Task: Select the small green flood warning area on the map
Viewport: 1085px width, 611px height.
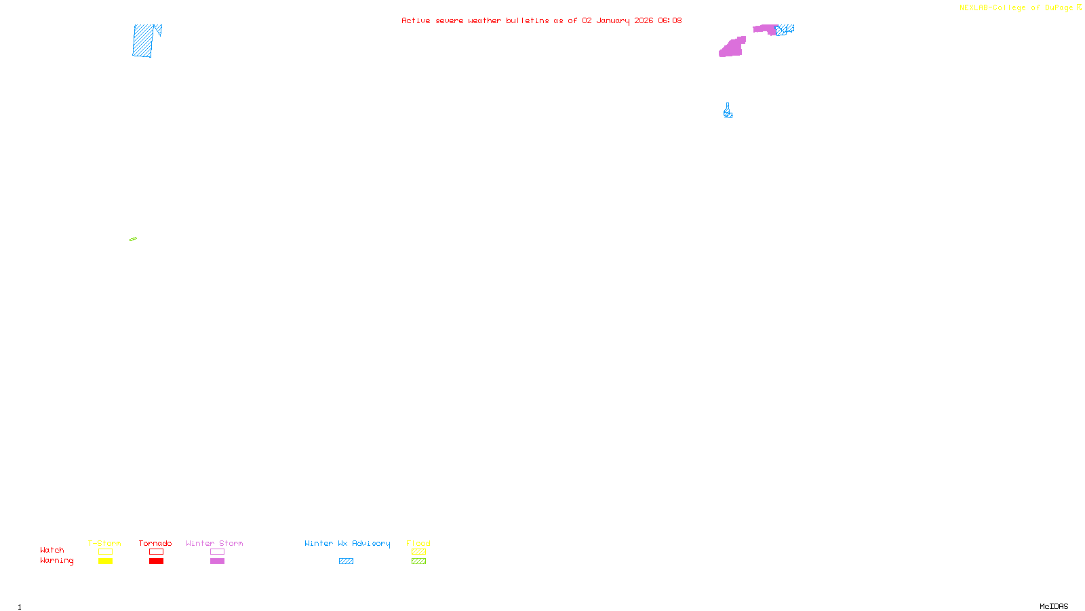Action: click(x=133, y=239)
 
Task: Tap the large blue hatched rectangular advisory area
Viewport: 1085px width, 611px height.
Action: click(x=142, y=41)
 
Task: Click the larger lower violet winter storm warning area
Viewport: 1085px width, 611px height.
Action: click(x=732, y=48)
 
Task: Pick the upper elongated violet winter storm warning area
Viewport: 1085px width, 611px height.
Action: click(x=765, y=29)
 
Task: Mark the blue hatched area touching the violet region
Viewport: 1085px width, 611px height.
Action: click(x=785, y=30)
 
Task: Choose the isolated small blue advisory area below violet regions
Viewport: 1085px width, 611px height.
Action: click(x=728, y=112)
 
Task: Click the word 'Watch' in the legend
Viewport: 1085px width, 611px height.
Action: click(x=52, y=550)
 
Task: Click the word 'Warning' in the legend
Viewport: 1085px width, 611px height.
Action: click(x=56, y=561)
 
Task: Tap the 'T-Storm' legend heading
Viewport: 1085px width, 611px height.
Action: click(x=104, y=543)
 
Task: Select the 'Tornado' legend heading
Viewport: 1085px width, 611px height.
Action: click(x=155, y=543)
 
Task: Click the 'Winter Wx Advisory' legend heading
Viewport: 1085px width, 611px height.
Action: click(x=347, y=543)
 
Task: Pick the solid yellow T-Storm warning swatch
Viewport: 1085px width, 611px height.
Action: click(x=105, y=561)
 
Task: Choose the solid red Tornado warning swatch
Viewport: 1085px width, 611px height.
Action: click(x=156, y=561)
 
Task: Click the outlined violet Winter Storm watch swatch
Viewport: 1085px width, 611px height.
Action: click(x=217, y=552)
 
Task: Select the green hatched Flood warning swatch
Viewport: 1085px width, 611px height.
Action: click(x=418, y=561)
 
